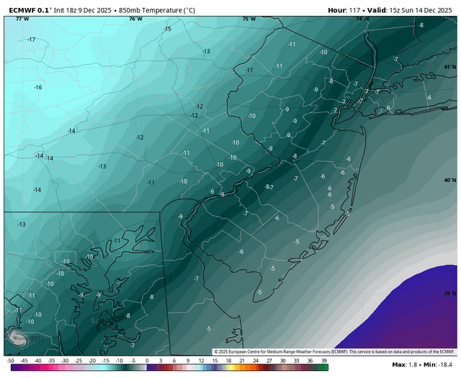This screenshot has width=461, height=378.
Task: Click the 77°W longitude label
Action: (x=22, y=19)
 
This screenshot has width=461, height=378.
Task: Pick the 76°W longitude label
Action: (x=135, y=19)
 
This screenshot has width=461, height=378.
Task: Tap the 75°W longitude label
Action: (x=249, y=19)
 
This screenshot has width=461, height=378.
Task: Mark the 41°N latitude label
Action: (x=449, y=67)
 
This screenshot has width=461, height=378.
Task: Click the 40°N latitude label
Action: (x=449, y=180)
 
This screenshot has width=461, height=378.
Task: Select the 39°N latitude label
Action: (x=449, y=294)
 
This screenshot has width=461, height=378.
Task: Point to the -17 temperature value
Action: (x=31, y=39)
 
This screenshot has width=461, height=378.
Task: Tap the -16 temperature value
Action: (x=37, y=87)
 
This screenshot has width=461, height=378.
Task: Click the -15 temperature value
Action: (x=167, y=29)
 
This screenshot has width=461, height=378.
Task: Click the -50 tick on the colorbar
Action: (x=11, y=359)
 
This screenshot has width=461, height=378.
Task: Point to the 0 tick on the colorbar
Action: (x=147, y=359)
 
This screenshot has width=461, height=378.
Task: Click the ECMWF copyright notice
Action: (x=334, y=351)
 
